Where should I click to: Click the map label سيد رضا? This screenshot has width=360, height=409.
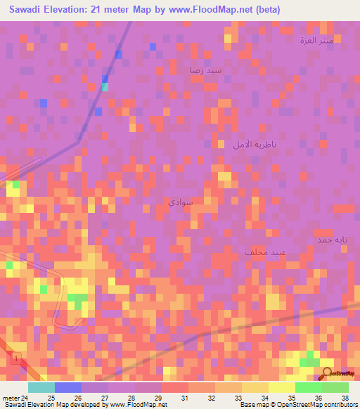pyautogui.click(x=205, y=70)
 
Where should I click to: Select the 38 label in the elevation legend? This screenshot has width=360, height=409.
pyautogui.click(x=345, y=397)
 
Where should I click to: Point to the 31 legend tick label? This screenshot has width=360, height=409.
pyautogui.click(x=185, y=397)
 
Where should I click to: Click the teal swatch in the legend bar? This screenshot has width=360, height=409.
pyautogui.click(x=41, y=387)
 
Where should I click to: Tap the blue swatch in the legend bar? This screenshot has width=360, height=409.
pyautogui.click(x=67, y=387)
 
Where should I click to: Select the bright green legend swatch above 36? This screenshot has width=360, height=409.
pyautogui.click(x=308, y=387)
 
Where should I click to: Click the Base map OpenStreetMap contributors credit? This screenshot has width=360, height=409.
pyautogui.click(x=297, y=405)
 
